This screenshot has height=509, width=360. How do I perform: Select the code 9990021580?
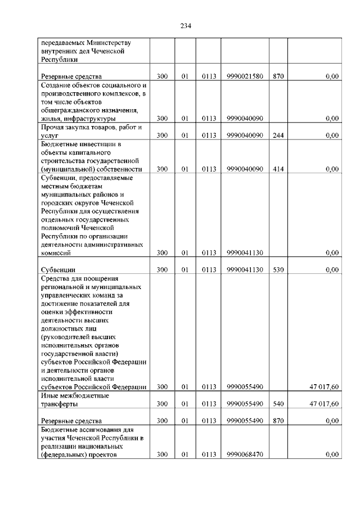(x=245, y=76)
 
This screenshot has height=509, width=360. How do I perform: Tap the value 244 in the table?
(x=278, y=135)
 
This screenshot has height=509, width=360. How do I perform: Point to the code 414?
(x=278, y=169)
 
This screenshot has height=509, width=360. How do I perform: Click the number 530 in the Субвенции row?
(x=278, y=270)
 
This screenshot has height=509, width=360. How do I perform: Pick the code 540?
(x=278, y=404)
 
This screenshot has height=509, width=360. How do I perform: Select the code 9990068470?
(x=245, y=454)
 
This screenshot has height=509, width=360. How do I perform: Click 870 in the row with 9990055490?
(x=278, y=421)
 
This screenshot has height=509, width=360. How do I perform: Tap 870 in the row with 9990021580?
(x=278, y=76)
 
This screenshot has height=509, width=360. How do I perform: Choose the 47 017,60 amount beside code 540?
(x=324, y=404)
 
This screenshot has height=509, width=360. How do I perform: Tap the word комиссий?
(x=55, y=253)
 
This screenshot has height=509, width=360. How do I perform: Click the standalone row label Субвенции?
(x=58, y=270)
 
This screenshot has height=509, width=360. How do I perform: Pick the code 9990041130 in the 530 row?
(x=245, y=270)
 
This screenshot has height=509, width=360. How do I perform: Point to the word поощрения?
(x=98, y=278)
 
